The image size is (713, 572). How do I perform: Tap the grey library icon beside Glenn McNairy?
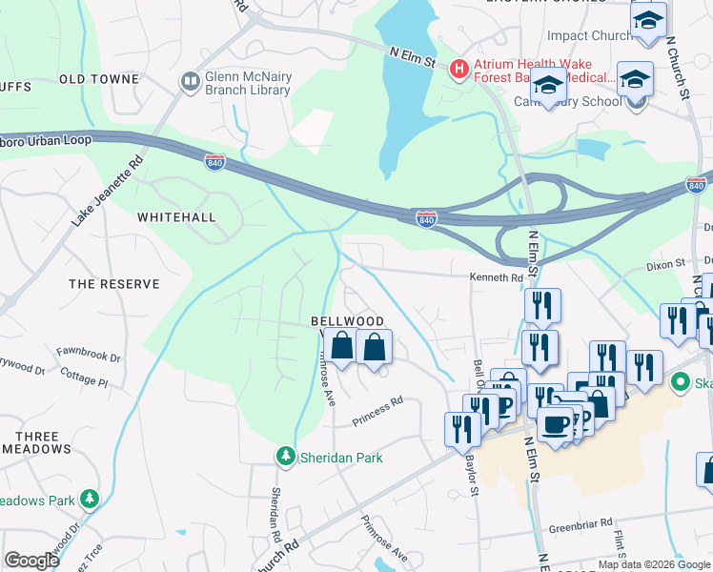(189, 82)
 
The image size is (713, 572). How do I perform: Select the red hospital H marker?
(458, 68)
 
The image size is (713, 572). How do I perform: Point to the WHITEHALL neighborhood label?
(176, 217)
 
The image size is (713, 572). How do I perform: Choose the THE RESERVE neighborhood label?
(113, 284)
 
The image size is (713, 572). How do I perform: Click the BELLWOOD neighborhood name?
(347, 322)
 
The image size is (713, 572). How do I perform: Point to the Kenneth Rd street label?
(496, 278)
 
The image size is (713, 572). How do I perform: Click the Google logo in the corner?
(31, 561)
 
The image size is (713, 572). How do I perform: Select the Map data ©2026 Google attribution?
(654, 564)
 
